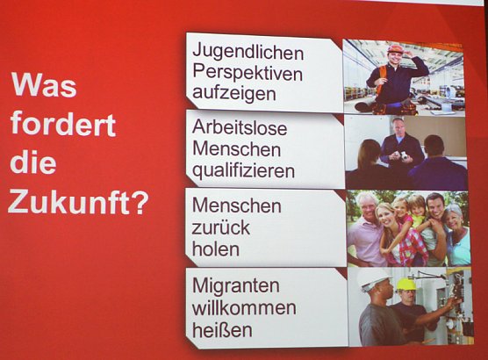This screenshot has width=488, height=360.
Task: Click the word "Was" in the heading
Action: (44, 86)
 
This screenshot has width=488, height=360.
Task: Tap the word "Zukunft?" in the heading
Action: (78, 203)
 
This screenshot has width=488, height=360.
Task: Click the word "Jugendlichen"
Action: (248, 50)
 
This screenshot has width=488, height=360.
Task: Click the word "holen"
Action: (215, 248)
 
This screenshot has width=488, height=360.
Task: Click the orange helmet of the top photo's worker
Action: (395, 49)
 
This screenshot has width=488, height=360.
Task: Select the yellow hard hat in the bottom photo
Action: (405, 284)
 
